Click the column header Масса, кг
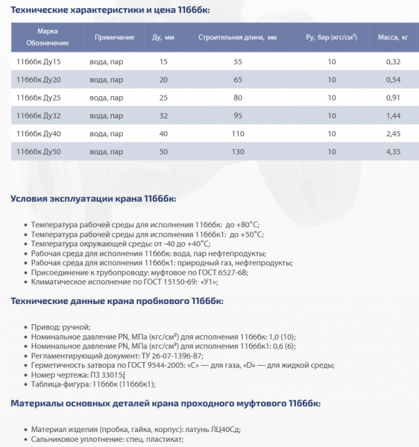(x=393, y=37)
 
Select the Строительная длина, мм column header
(x=239, y=37)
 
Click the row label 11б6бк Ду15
(x=38, y=61)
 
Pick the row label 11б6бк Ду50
(x=38, y=151)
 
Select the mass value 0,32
(x=394, y=61)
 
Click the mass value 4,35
(x=394, y=151)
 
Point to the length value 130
(x=238, y=151)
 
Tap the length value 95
(x=238, y=115)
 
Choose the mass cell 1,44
(x=394, y=115)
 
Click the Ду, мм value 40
(x=164, y=133)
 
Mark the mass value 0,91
(x=394, y=97)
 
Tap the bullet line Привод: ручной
(x=60, y=327)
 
